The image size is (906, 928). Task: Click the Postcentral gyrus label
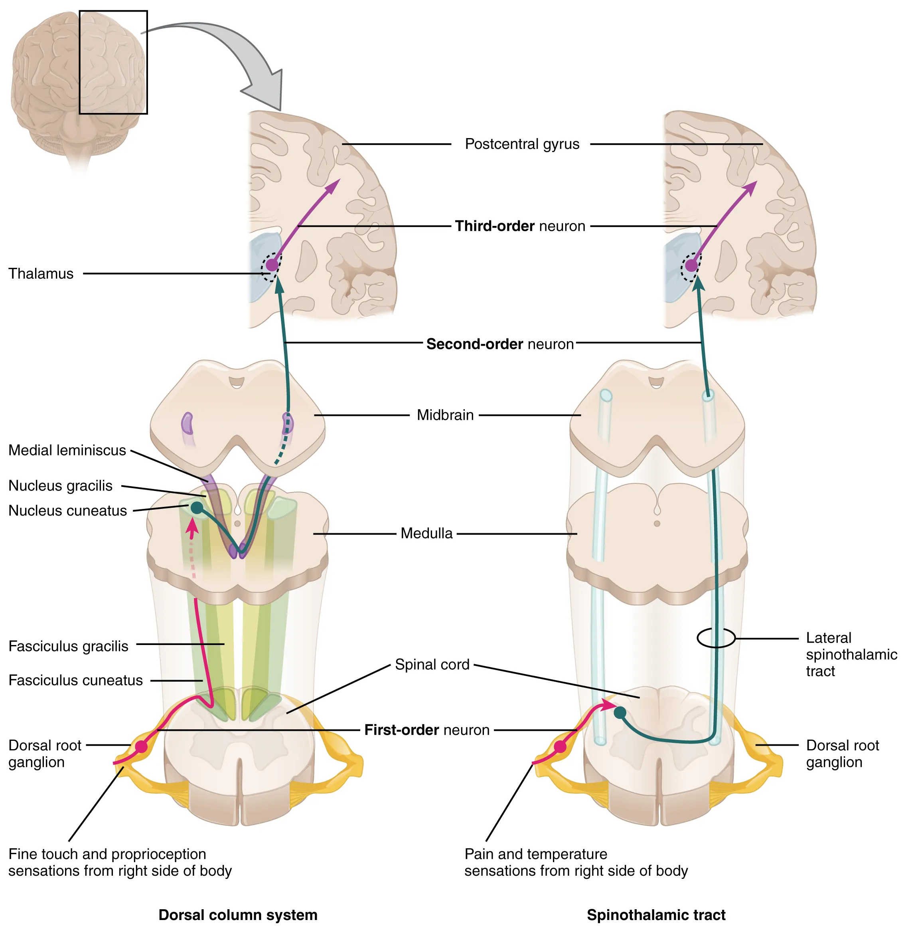[521, 144]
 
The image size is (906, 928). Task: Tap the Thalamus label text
[41, 274]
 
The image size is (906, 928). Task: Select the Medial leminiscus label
[67, 451]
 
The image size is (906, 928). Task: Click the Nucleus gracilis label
[60, 486]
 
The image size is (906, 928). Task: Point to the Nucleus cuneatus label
[67, 511]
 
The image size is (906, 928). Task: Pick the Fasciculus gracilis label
[68, 647]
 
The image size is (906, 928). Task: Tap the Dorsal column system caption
[237, 915]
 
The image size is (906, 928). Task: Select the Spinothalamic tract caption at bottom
[656, 915]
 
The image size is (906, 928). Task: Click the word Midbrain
[445, 415]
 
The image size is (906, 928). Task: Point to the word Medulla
[426, 533]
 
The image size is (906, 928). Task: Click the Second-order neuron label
[499, 344]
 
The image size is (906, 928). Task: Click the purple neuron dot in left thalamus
[271, 265]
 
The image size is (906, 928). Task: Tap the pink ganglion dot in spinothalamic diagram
[561, 746]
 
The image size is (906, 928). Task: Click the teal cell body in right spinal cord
[620, 713]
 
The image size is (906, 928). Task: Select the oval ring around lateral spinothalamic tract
[716, 638]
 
